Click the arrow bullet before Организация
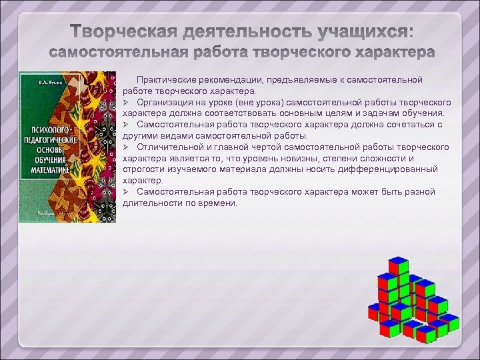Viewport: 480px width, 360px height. click(126, 103)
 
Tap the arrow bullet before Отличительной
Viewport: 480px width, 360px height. click(126, 147)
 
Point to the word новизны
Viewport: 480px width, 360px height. click(291, 159)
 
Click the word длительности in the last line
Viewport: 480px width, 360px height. click(149, 203)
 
